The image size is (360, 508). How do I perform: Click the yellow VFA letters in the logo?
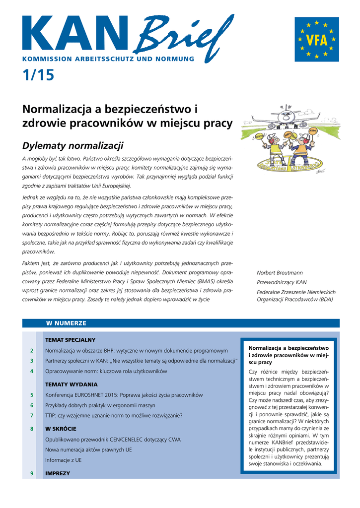pyautogui.click(x=316, y=40)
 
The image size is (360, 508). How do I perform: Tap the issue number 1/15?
pyautogui.click(x=38, y=75)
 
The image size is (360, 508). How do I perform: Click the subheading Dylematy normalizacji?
pyautogui.click(x=72, y=146)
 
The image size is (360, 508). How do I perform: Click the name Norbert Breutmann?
pyautogui.click(x=280, y=273)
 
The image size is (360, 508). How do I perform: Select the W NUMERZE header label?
pyautogui.click(x=66, y=323)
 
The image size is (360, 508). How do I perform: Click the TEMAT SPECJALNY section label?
pyautogui.click(x=70, y=340)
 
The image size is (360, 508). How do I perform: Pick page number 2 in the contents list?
pyautogui.click(x=32, y=351)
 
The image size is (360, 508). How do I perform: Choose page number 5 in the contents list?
pyautogui.click(x=32, y=395)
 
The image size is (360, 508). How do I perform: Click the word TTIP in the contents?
pyautogui.click(x=51, y=416)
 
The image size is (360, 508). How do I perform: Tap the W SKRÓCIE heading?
pyautogui.click(x=61, y=429)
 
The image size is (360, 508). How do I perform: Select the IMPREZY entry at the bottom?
pyautogui.click(x=58, y=473)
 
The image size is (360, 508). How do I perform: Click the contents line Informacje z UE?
pyautogui.click(x=64, y=460)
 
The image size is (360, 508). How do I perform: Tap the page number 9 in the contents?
pyautogui.click(x=32, y=473)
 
